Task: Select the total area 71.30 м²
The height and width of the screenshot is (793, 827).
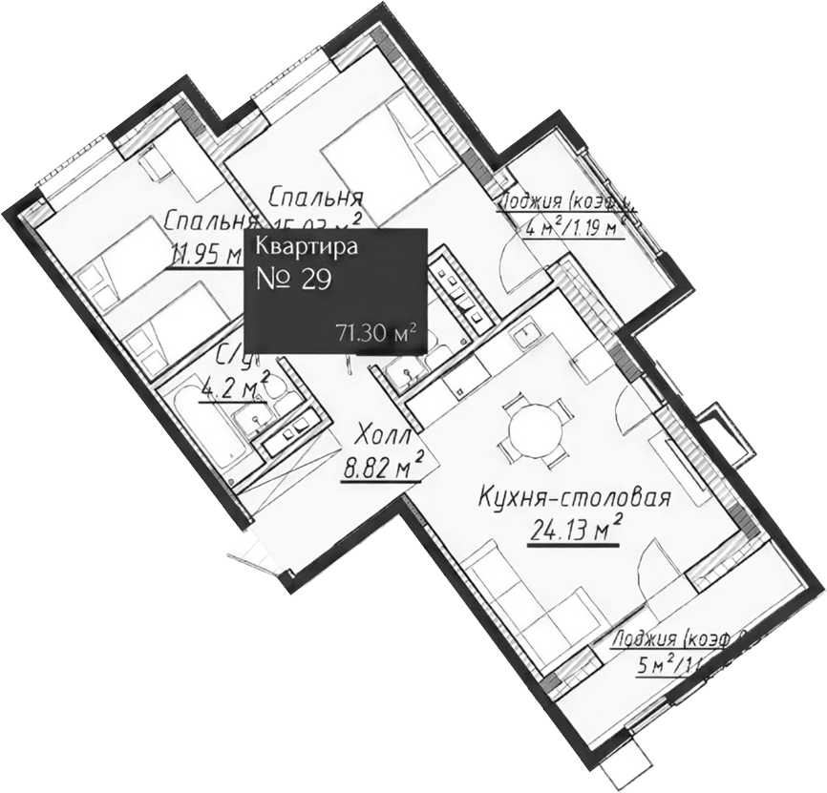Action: [x=375, y=333]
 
